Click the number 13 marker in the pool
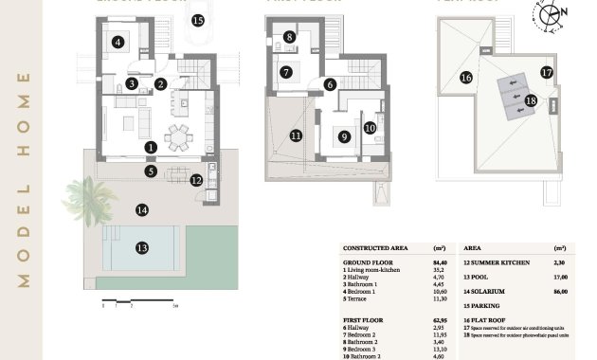(x=141, y=247)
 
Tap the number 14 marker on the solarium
(x=141, y=209)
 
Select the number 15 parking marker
(x=197, y=19)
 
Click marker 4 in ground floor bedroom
(x=118, y=42)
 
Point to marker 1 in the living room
(x=151, y=148)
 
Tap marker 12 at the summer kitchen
(x=196, y=179)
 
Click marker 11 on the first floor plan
(x=296, y=135)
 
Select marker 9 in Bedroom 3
(x=344, y=135)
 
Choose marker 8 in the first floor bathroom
(x=289, y=38)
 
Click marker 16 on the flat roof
(x=465, y=78)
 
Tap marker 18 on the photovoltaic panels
(x=531, y=100)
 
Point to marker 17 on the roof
(x=547, y=71)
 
